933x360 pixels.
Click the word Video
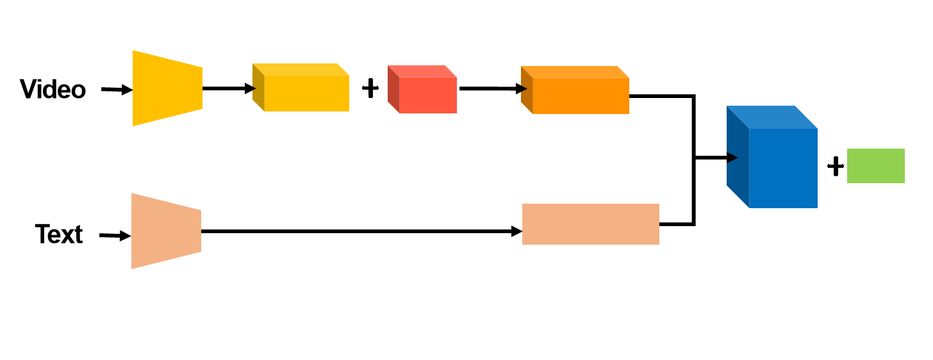pos(53,89)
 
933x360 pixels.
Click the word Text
pos(59,234)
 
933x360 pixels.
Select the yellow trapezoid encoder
pos(167,88)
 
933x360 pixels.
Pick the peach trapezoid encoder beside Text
pos(166,231)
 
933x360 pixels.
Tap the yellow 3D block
pos(301,87)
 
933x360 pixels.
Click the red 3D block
pos(422,89)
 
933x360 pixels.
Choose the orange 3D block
pos(575,90)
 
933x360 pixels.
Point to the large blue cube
pos(772,157)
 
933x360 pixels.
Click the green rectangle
pos(876,166)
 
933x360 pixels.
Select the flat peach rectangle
pos(591,224)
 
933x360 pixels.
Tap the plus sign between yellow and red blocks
pos(370,88)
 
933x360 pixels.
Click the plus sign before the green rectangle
pos(835,167)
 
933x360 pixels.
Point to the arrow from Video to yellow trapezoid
pos(117,90)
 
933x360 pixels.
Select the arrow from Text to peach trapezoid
pos(115,236)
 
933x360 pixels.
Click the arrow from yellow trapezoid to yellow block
pos(229,88)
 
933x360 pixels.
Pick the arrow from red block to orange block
pos(493,88)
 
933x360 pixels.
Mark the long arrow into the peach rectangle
pos(361,231)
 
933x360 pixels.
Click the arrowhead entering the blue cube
pos(732,158)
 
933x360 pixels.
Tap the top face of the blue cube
pos(772,117)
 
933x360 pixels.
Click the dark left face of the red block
pos(393,89)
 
